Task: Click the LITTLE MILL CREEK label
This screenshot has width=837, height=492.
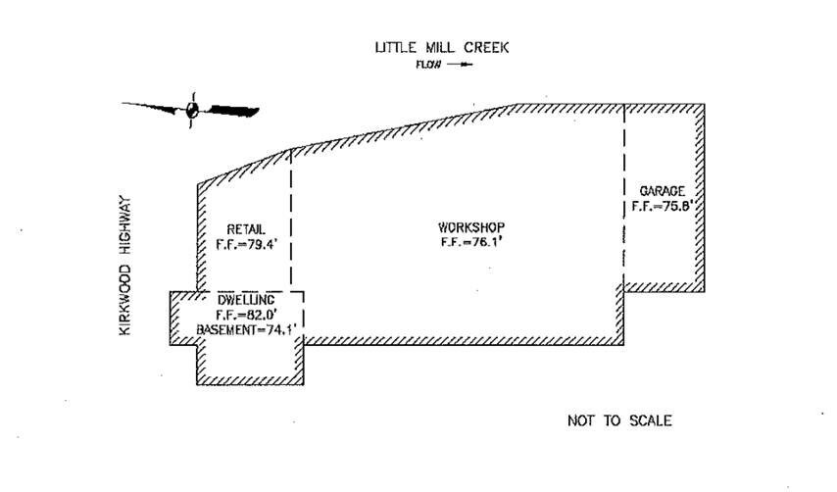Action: [x=442, y=47]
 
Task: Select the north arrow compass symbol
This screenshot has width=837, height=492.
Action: [x=192, y=110]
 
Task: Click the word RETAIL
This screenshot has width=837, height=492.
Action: [x=245, y=230]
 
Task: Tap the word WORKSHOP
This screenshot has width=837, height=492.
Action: [x=471, y=227]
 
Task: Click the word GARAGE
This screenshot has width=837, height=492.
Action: [x=664, y=191]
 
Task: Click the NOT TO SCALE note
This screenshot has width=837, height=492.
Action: [x=619, y=420]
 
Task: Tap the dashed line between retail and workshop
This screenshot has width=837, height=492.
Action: [x=291, y=216]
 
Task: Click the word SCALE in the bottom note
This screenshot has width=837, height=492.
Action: [x=650, y=420]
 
